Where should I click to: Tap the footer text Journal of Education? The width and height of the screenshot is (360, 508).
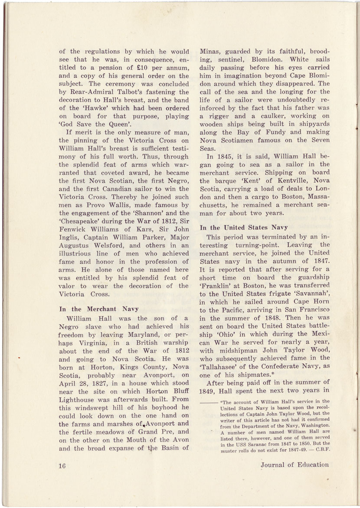pyautogui.click(x=295, y=465)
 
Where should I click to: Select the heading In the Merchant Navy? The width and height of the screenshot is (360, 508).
pyautogui.click(x=99, y=309)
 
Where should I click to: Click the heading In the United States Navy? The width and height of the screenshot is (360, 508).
pyautogui.click(x=244, y=227)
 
